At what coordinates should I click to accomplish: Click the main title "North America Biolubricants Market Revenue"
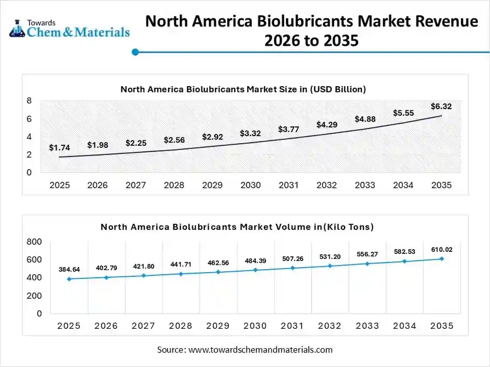pos(311,22)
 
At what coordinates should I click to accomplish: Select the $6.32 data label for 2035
pos(441,106)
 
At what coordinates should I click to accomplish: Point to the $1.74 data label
pos(59,147)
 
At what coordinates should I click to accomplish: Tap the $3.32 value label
pos(250,133)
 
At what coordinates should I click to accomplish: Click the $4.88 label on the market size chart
pos(365,119)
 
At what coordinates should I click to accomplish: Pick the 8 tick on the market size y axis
pos(29,101)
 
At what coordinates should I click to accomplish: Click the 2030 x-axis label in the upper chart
pos(250,185)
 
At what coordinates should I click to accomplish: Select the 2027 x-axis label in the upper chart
pos(136,185)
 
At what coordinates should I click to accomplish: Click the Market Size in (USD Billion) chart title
pos(243,89)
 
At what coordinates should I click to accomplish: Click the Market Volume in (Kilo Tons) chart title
pos(237,227)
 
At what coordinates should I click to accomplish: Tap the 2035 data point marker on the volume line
pos(442,259)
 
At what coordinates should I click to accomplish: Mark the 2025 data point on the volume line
pos(69,279)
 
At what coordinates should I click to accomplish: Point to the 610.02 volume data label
pos(442,249)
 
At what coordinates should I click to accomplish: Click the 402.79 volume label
pos(106,267)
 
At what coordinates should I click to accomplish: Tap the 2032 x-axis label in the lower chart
pos(330,326)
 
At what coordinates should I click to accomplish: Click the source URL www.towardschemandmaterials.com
pos(261,350)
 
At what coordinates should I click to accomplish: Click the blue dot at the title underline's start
pos(136,52)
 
